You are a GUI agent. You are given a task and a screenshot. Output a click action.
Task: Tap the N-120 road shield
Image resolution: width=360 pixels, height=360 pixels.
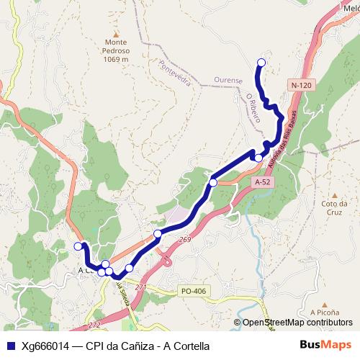[x=302, y=85]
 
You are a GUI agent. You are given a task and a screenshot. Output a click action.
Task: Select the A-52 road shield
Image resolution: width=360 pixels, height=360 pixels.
[x=263, y=183]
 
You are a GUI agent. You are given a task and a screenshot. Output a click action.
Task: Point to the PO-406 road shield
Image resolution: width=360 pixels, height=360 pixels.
[x=194, y=292]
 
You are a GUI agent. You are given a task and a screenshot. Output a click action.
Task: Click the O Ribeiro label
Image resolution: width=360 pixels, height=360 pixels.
[x=252, y=107]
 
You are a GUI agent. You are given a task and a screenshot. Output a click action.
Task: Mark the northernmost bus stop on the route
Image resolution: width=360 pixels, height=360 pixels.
[x=261, y=63]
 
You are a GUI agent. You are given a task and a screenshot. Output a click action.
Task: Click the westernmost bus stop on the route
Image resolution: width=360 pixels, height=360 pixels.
[x=78, y=246]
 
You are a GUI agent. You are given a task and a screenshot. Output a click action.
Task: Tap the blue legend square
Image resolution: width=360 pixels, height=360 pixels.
[x=10, y=345]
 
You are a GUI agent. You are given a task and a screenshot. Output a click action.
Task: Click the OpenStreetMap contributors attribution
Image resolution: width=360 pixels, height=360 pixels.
[x=297, y=323]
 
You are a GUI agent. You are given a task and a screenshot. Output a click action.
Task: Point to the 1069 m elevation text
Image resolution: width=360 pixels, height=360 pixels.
[x=115, y=59]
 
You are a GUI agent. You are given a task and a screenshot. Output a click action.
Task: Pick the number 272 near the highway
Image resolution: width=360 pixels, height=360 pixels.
[x=94, y=325]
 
